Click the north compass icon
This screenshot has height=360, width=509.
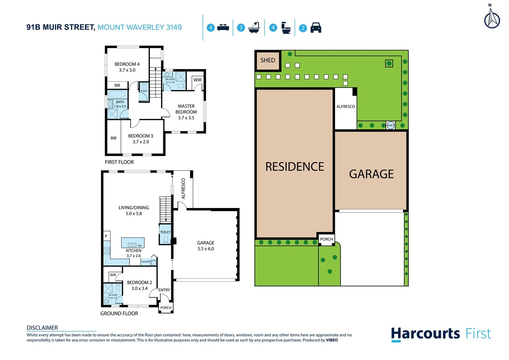492,18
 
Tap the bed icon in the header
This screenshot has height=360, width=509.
223,28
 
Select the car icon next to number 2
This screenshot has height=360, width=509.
315,28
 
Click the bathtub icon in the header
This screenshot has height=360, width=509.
254,28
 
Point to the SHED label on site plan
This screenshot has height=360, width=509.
268,60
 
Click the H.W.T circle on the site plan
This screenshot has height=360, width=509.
391,125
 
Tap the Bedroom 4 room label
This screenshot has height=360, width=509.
127,64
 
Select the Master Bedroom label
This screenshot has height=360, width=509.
186,109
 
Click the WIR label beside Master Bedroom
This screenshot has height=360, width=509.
198,80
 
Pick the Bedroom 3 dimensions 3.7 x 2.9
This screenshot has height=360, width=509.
141,142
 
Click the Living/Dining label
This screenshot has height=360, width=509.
134,208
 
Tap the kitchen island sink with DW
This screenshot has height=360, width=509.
133,244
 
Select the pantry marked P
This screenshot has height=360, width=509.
106,236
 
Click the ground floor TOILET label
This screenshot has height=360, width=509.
165,232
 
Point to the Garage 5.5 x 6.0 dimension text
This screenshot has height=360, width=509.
206,249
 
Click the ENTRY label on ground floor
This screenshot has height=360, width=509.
164,290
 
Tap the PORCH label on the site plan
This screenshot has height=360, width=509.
326,239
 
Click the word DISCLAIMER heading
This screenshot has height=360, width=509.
42,328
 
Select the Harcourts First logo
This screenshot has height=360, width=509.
441,334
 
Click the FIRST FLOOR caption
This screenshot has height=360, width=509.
119,162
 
